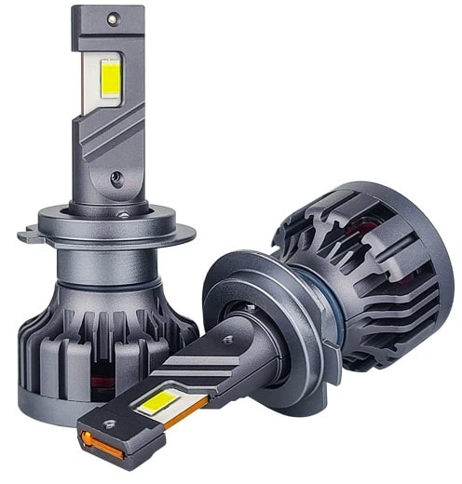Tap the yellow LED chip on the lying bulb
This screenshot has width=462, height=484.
(x=160, y=404)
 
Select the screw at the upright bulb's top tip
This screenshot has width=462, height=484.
(x=112, y=18)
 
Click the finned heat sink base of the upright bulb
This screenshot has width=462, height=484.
(x=84, y=344)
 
